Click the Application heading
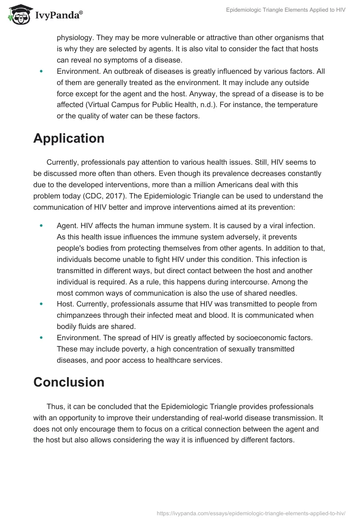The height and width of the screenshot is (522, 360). point(69,138)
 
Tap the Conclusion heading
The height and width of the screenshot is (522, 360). point(69,382)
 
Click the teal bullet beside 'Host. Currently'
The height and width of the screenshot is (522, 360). point(42,304)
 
